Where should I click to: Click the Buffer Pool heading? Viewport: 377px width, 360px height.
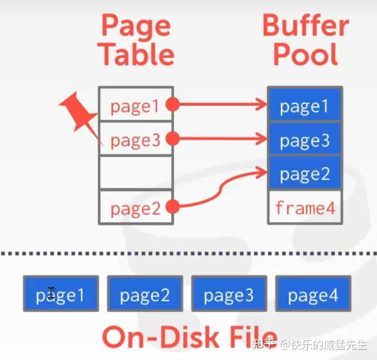[x=305, y=40]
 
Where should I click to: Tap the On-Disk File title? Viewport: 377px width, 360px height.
[x=189, y=337]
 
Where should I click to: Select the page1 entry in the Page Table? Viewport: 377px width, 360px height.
[x=135, y=106]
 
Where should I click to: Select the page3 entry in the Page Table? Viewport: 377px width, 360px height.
[x=135, y=139]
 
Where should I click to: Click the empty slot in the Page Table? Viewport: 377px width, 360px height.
[x=135, y=173]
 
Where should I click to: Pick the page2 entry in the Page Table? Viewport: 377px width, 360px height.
[x=135, y=207]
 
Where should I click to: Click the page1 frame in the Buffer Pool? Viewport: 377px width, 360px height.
[x=305, y=106]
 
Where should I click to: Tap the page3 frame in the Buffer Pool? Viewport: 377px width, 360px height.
[x=305, y=139]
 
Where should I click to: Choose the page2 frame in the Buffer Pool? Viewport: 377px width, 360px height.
[x=305, y=173]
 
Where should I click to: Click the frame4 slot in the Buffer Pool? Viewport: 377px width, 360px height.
[x=305, y=207]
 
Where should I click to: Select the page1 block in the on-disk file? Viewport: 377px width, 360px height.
[x=60, y=293]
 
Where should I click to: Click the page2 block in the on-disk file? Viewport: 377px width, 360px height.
[x=145, y=293]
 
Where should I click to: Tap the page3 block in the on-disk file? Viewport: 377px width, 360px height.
[x=229, y=293]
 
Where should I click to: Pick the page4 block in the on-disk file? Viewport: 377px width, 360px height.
[x=313, y=293]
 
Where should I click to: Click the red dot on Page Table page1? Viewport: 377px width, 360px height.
[x=173, y=105]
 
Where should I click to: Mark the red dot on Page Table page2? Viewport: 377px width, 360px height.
[x=173, y=206]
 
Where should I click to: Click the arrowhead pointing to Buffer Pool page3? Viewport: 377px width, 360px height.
[x=261, y=139]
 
